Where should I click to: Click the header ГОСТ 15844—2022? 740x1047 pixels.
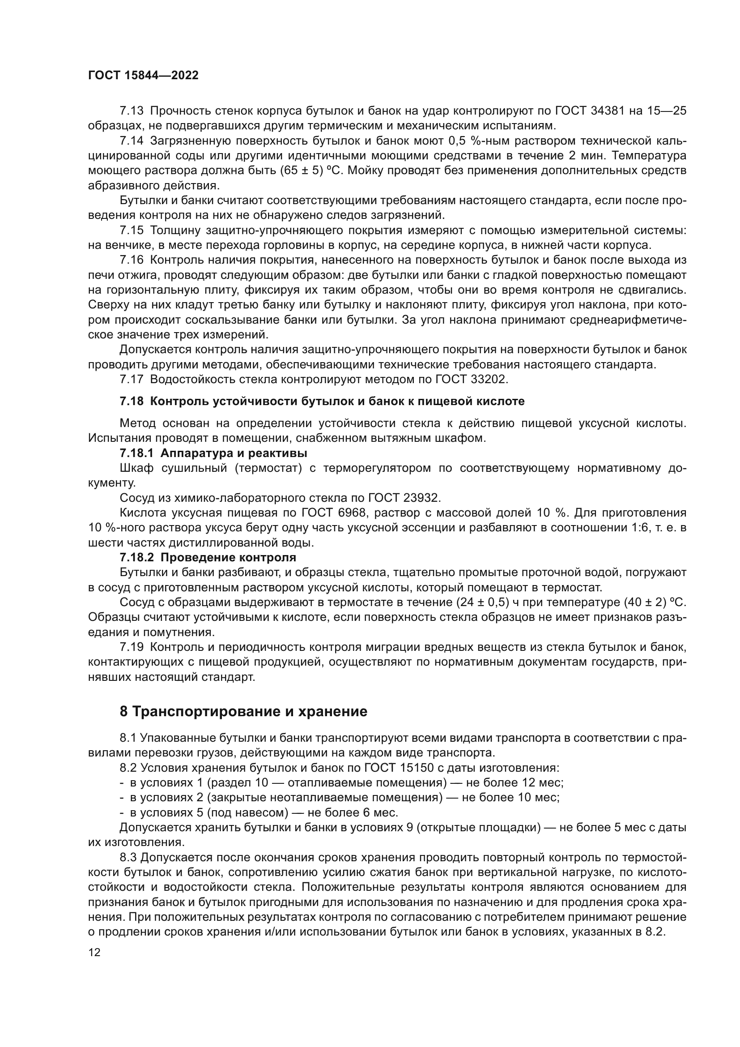coord(143,76)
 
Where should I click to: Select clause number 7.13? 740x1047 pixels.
coord(132,111)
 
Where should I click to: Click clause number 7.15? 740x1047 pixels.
coord(132,231)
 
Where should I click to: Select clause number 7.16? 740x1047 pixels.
coord(132,261)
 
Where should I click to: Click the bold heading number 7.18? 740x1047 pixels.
coord(132,401)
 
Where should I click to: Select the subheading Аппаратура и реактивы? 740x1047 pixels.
coord(234,453)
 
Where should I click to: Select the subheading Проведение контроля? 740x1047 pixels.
coord(228,557)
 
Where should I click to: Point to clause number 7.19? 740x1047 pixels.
coord(132,647)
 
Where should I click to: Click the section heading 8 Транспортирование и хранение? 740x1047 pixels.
coord(243,711)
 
